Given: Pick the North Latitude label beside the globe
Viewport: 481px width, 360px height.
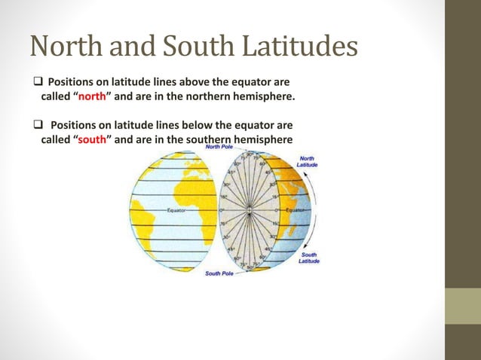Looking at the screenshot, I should pos(307,160).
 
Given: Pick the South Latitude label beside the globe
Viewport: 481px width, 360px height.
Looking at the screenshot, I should pos(309,258).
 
